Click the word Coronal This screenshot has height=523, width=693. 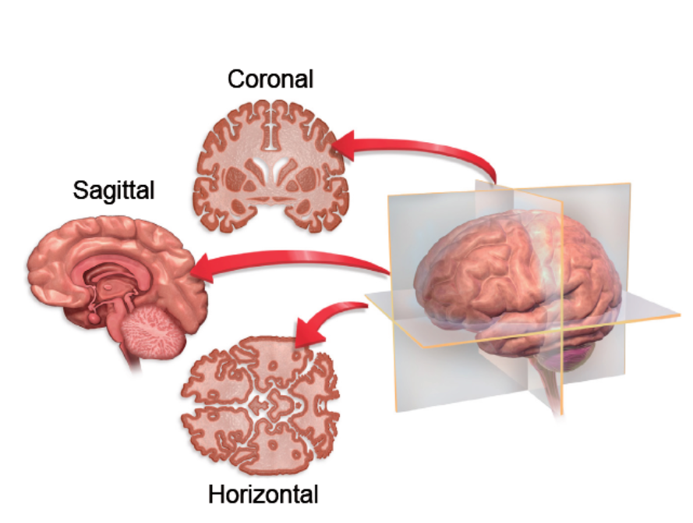[270, 79]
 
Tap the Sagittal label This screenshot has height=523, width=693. [114, 190]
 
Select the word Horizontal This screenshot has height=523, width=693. [263, 494]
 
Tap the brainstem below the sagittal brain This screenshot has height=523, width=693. [129, 355]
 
